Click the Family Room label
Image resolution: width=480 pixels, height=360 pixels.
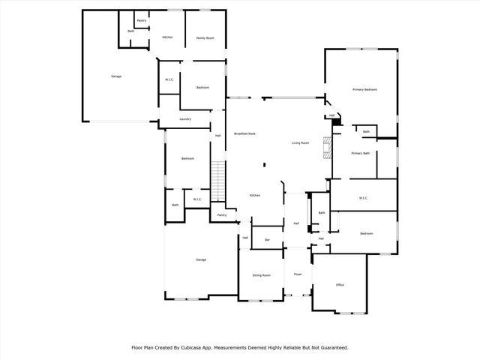tap(205, 37)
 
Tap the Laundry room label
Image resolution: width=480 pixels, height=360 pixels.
tap(185, 119)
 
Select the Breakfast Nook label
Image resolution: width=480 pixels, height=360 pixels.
tap(244, 133)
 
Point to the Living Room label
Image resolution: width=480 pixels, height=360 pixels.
tap(300, 142)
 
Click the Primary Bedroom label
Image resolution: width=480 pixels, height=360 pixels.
tap(364, 89)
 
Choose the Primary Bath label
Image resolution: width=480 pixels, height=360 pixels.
tap(361, 153)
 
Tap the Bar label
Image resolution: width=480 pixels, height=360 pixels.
tap(266, 240)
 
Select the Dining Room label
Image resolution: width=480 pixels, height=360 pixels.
tap(261, 275)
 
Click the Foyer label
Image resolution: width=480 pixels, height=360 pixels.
tap(298, 274)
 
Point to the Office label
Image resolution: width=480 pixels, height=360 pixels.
tap(340, 285)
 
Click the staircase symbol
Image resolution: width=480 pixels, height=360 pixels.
tap(218, 182)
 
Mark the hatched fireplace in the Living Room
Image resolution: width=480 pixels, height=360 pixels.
tap(326, 148)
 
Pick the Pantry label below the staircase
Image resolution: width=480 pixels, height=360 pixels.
tap(221, 215)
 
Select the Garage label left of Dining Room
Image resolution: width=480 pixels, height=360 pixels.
tap(201, 259)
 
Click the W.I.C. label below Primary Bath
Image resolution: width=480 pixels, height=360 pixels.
tap(363, 198)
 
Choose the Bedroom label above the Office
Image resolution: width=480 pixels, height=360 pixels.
tap(366, 234)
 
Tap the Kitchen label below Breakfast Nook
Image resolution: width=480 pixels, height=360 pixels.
tap(255, 196)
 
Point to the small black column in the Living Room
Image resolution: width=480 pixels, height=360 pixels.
tap(263, 166)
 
